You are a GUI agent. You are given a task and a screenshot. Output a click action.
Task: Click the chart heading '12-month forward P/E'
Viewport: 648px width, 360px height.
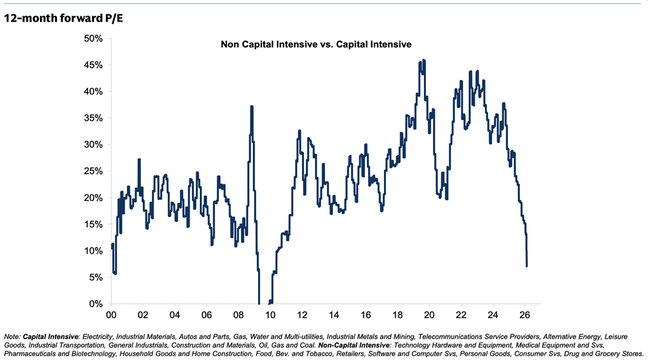click(x=64, y=18)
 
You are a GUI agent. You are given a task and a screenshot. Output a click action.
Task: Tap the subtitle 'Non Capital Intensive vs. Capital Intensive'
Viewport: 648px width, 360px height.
click(x=316, y=45)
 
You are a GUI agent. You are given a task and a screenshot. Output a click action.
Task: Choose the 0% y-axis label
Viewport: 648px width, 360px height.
click(x=95, y=304)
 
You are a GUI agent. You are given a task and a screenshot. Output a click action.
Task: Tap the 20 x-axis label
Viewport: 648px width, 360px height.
click(x=429, y=315)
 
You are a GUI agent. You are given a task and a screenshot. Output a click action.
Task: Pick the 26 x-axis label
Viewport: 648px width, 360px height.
click(x=525, y=315)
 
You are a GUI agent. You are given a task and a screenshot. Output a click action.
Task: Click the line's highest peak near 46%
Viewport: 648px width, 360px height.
click(x=423, y=60)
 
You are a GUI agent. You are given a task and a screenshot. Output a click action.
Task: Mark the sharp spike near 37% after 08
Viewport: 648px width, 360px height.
click(x=252, y=107)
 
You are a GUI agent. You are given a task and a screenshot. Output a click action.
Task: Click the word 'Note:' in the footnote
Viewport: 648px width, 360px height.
click(x=12, y=336)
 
